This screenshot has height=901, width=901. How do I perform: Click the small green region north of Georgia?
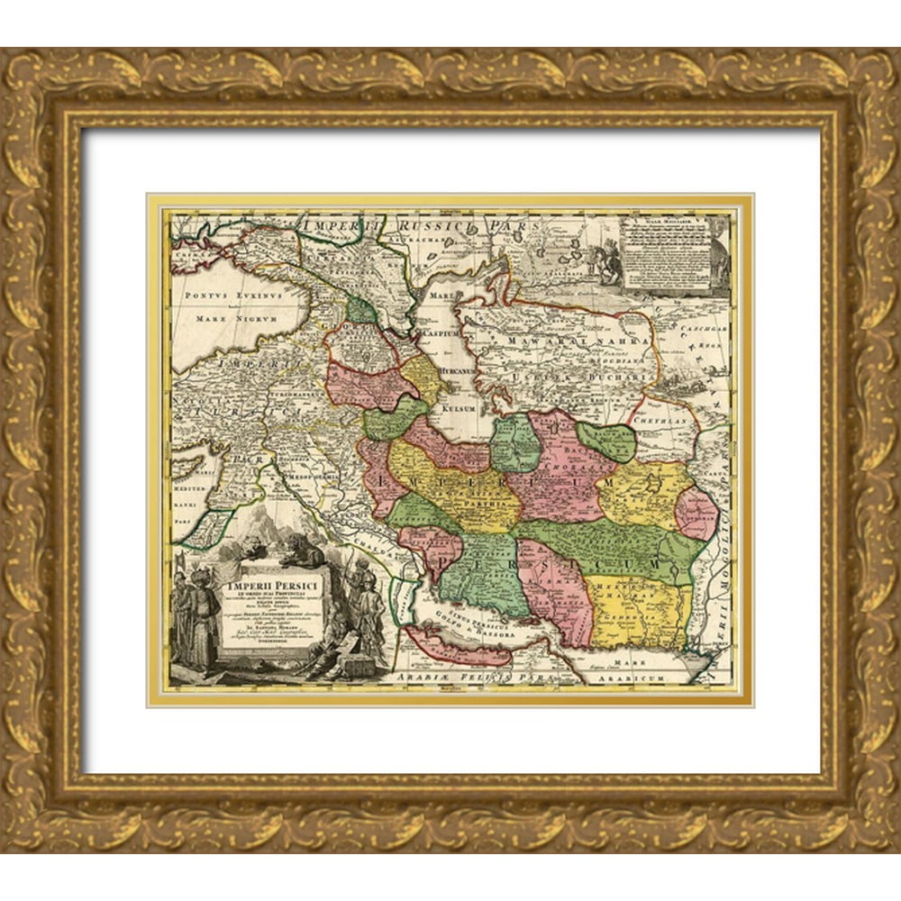pos(361,311)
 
